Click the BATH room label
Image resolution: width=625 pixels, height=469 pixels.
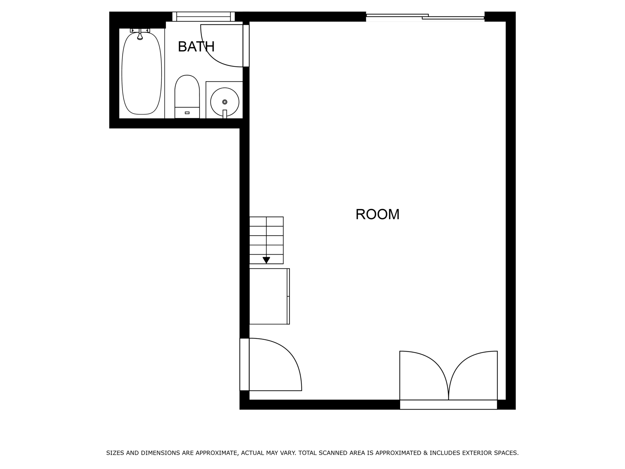click(x=196, y=47)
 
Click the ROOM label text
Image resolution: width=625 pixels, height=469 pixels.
click(x=377, y=214)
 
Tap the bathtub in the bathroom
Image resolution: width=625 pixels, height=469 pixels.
click(x=142, y=73)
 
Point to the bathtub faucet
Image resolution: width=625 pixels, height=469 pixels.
click(x=140, y=34)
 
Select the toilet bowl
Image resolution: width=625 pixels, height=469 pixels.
click(x=187, y=91)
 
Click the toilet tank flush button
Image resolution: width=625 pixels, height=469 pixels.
click(x=187, y=113)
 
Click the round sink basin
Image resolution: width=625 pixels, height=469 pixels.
click(x=225, y=102)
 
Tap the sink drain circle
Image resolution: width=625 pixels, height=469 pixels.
click(x=225, y=102)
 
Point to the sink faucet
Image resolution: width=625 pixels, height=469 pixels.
click(x=225, y=114)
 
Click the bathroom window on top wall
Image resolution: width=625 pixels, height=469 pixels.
click(x=203, y=17)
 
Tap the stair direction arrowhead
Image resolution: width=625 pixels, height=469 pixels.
click(x=266, y=260)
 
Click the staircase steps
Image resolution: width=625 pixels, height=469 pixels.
click(x=266, y=240)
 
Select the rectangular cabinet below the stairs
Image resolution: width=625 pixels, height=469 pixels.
click(x=269, y=296)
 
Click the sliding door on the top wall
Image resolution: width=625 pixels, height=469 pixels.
click(x=425, y=17)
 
